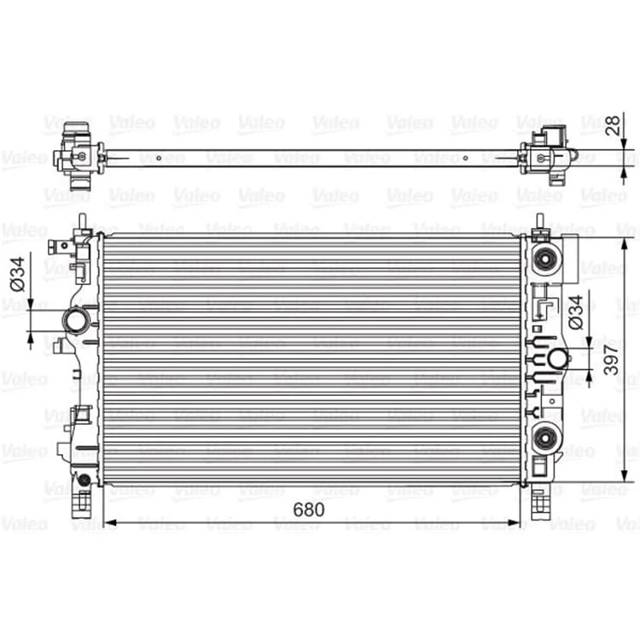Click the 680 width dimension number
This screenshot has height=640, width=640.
pos(309,509)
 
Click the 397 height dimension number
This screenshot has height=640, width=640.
pos(611,359)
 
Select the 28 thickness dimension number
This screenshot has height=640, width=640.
pos(613,125)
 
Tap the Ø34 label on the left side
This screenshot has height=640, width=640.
pos(17,274)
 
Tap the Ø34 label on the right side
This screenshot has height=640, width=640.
pos(575,312)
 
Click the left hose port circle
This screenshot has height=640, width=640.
pos(76,321)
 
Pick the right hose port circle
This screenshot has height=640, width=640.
pos(557,358)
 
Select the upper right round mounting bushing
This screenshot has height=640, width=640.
pos(544,259)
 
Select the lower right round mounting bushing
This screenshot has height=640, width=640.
pos(545,439)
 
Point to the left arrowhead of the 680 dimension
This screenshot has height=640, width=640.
pos(110,522)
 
